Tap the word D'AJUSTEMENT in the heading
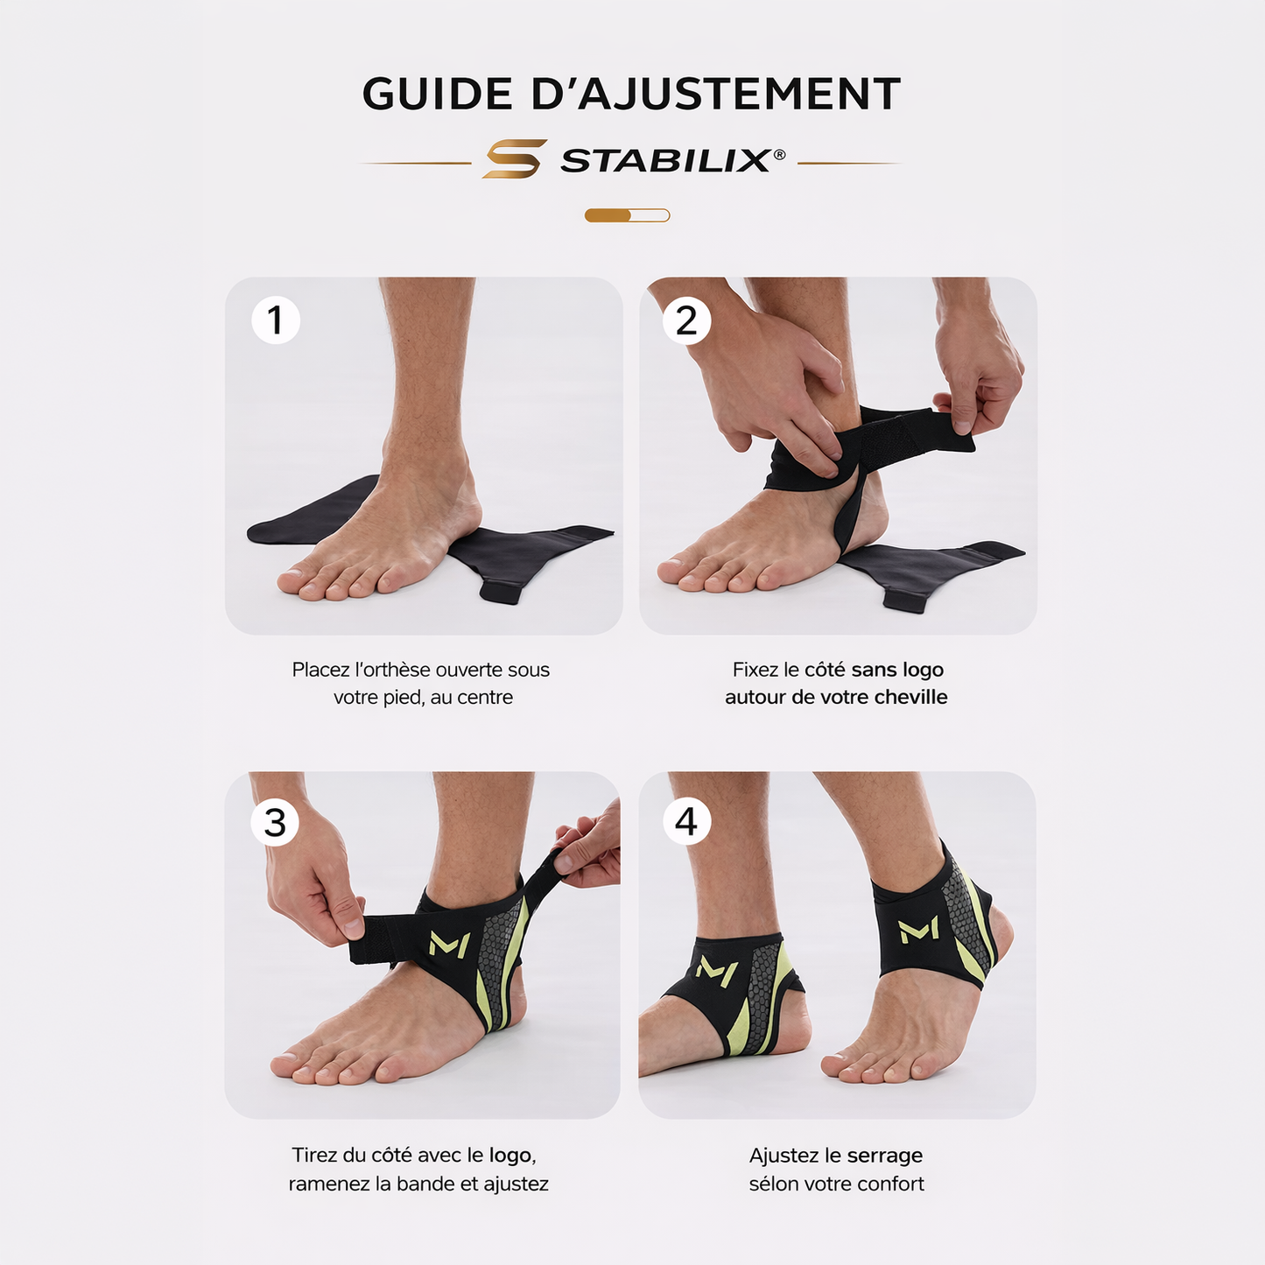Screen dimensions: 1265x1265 (x=715, y=95)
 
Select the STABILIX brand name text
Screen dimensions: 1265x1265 (x=665, y=161)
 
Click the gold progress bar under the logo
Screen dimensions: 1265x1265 (x=627, y=215)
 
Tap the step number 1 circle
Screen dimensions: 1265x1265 (x=276, y=320)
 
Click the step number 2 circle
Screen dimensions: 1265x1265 (x=686, y=320)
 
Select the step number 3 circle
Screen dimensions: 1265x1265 (x=276, y=823)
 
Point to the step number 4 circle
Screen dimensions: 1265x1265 (x=686, y=822)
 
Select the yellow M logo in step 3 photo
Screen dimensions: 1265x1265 (x=450, y=945)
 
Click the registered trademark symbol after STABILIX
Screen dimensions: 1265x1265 (x=779, y=154)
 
